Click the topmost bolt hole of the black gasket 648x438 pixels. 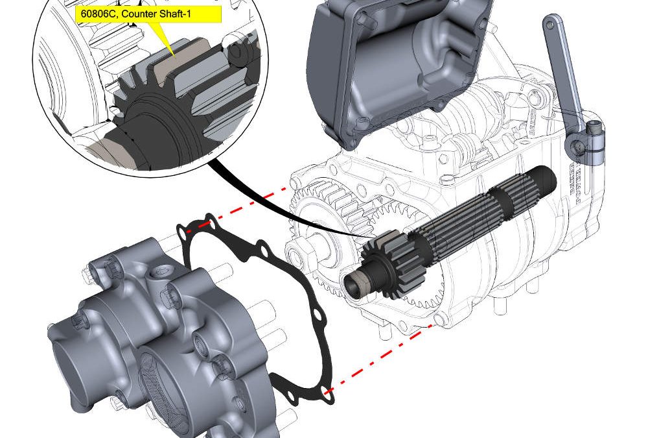[208, 219]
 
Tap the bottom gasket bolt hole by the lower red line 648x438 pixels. [328, 393]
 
